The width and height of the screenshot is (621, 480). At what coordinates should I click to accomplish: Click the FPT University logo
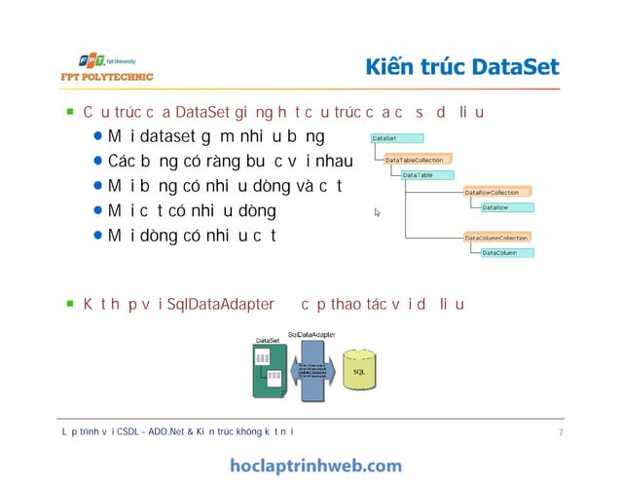pyautogui.click(x=97, y=57)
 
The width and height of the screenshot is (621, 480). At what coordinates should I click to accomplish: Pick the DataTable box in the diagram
pyautogui.click(x=429, y=175)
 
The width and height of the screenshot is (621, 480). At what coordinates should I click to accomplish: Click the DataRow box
pyautogui.click(x=506, y=207)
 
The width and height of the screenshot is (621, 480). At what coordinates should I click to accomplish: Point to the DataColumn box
pyautogui.click(x=506, y=253)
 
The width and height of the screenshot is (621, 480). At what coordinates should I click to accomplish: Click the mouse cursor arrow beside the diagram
pyautogui.click(x=377, y=211)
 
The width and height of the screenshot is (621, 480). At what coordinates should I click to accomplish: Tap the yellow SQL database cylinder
pyautogui.click(x=359, y=370)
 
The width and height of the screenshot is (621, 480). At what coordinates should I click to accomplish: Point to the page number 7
pyautogui.click(x=562, y=431)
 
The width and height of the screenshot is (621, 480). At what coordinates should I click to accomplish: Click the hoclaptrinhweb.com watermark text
pyautogui.click(x=315, y=465)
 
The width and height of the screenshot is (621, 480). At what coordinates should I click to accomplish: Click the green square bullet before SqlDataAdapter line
pyautogui.click(x=70, y=304)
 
